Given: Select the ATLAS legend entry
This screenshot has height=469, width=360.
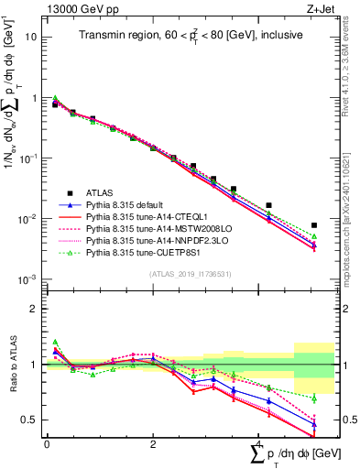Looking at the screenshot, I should pyautogui.click(x=102, y=193).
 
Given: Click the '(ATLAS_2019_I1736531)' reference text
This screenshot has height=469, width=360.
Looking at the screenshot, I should pyautogui.click(x=183, y=273).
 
